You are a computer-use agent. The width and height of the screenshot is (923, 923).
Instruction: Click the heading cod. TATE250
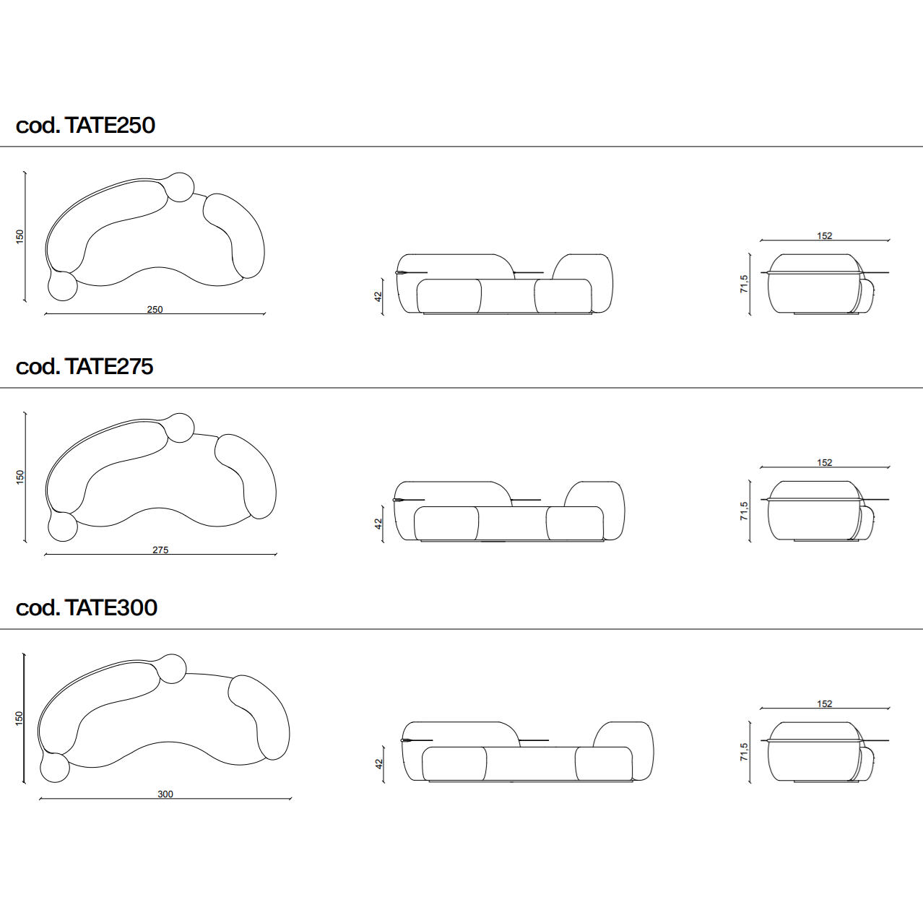point(85,125)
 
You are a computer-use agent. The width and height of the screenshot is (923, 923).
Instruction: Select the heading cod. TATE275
point(84,366)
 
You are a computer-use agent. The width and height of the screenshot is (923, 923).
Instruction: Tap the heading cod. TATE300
point(86,607)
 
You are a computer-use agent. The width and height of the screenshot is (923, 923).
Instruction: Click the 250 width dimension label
point(155,309)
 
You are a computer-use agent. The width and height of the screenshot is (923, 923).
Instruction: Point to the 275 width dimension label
point(160,550)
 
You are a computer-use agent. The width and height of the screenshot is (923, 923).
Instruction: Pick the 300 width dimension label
point(165,794)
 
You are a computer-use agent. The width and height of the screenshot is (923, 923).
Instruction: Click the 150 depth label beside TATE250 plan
point(19,237)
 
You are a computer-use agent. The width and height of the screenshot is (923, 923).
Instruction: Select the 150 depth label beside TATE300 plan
point(19,718)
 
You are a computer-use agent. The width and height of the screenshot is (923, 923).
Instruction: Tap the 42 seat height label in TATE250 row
point(378,297)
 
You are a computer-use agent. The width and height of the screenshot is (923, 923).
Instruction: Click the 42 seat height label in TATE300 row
point(379,764)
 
